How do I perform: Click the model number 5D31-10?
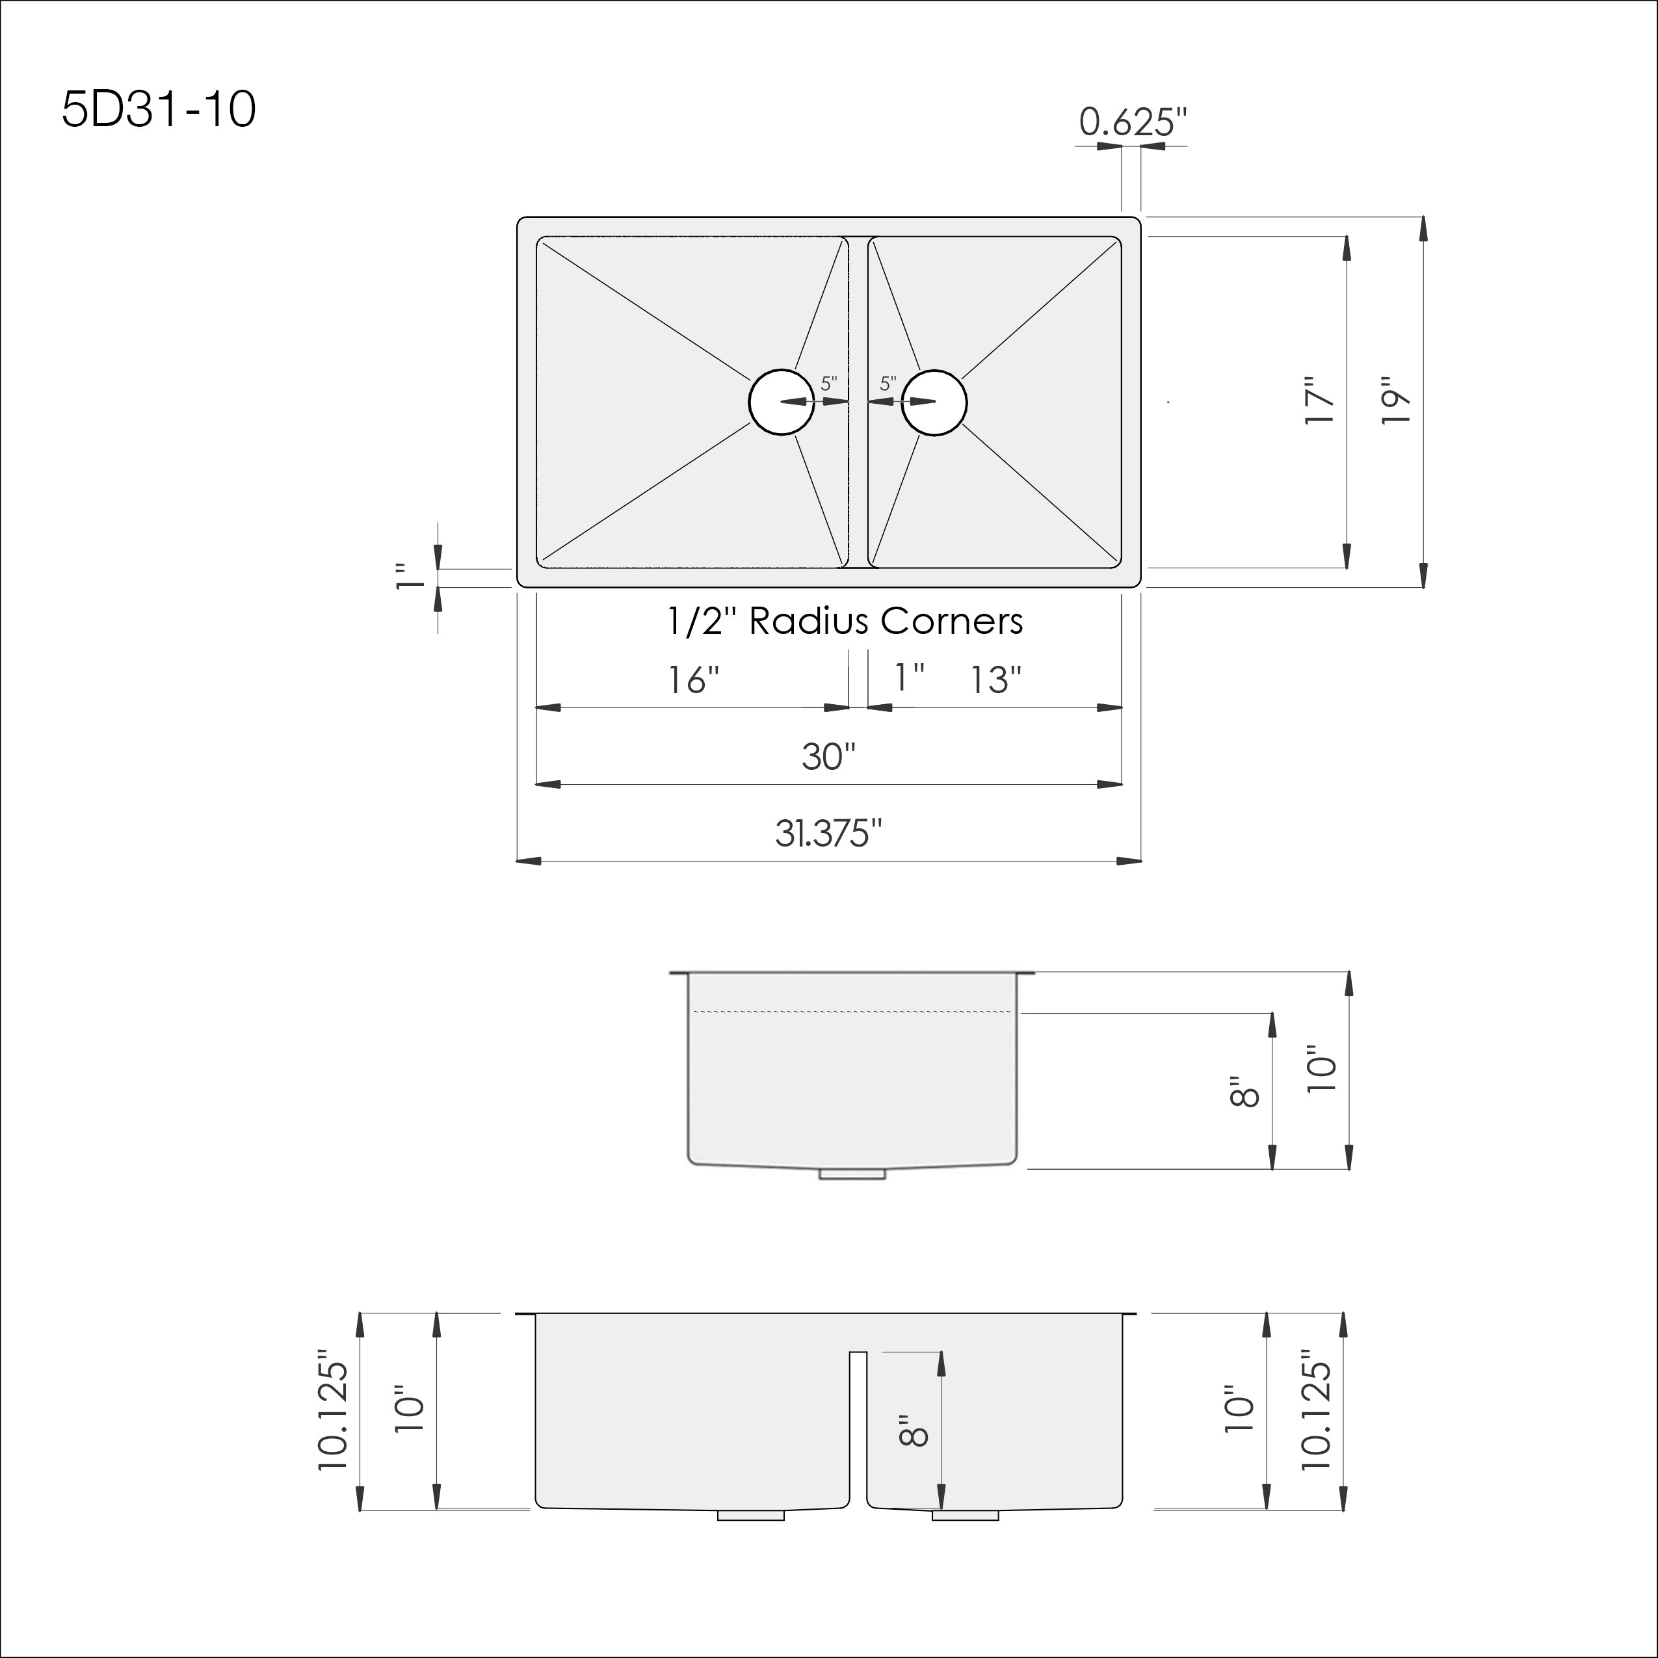(159, 111)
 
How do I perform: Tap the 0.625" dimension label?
(1133, 123)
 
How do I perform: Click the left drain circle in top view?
(781, 402)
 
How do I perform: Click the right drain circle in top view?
(934, 402)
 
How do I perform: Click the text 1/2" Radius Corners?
(845, 622)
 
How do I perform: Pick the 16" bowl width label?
(693, 681)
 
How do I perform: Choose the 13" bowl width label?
(995, 681)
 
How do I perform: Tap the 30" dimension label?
(829, 757)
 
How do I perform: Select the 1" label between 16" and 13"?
(909, 678)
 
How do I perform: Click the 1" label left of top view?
(411, 577)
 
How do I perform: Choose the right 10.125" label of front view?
(1317, 1411)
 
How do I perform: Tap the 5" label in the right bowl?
(888, 384)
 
